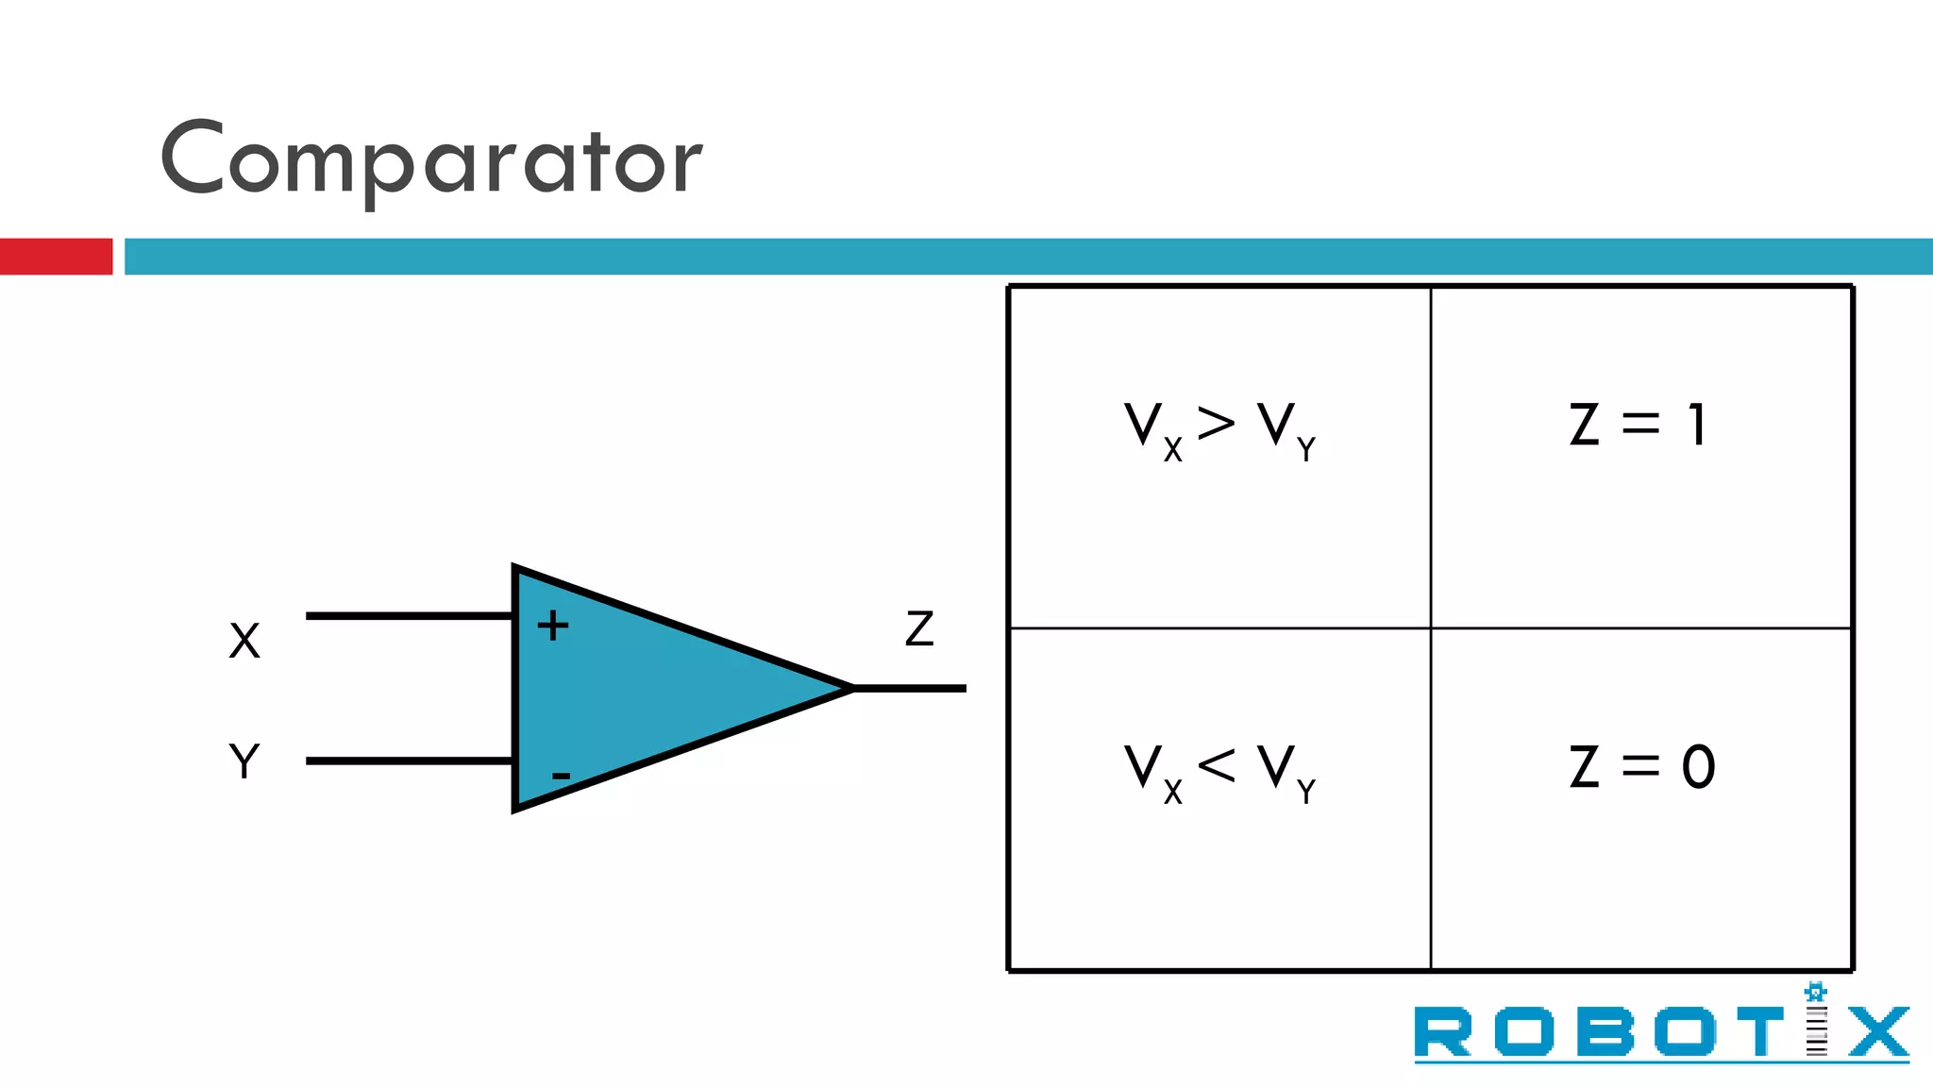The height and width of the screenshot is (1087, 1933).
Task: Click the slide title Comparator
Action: (431, 159)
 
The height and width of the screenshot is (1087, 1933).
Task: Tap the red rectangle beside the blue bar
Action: (56, 257)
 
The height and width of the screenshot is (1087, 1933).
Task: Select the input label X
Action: (244, 641)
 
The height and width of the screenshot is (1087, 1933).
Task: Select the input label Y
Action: (244, 761)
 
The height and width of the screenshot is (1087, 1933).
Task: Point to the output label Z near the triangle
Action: (919, 628)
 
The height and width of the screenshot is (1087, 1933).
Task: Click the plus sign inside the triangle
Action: (553, 626)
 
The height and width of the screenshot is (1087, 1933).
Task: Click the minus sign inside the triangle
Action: (561, 776)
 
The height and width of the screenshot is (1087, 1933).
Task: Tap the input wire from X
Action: (409, 616)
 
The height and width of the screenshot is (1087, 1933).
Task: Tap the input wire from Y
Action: (409, 761)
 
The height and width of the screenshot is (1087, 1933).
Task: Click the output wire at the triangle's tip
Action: (910, 689)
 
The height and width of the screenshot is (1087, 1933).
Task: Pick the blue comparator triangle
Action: (651, 689)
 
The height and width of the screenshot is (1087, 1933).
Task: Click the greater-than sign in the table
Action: (1216, 423)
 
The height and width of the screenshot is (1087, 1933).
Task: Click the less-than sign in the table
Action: (1216, 764)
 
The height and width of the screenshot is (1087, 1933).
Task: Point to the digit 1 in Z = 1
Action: (1696, 425)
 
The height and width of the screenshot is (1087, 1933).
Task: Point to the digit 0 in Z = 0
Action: (1698, 766)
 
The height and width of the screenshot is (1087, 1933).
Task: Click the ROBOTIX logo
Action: (1661, 1030)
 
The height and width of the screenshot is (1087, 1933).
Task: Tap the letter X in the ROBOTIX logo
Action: (1878, 1032)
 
